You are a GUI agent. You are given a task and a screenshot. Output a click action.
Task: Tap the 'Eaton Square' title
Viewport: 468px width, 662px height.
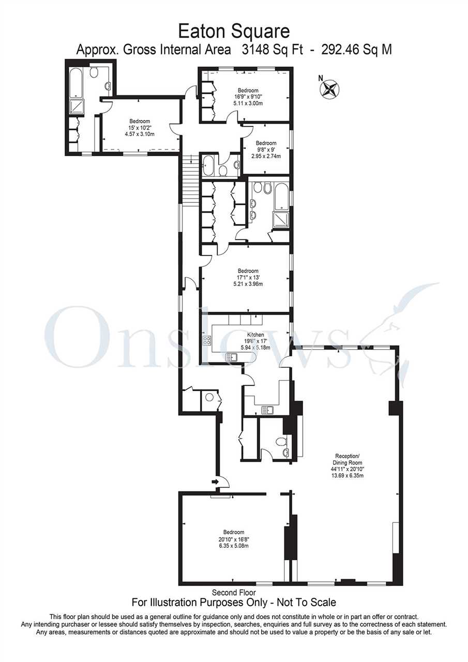234,32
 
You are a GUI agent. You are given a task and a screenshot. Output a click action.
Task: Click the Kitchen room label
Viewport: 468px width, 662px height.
255,335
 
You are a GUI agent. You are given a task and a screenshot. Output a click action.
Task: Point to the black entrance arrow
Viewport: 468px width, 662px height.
215,482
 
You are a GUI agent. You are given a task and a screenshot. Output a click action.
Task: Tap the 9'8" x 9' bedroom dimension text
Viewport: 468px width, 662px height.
266,150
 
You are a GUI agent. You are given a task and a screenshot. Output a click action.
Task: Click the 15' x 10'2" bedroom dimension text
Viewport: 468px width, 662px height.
140,128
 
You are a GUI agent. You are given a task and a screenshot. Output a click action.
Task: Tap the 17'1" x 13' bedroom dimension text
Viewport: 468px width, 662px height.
248,278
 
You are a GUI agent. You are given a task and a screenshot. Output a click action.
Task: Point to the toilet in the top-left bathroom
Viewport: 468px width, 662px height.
95,71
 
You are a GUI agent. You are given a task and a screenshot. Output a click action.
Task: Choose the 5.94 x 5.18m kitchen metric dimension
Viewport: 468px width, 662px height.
255,348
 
